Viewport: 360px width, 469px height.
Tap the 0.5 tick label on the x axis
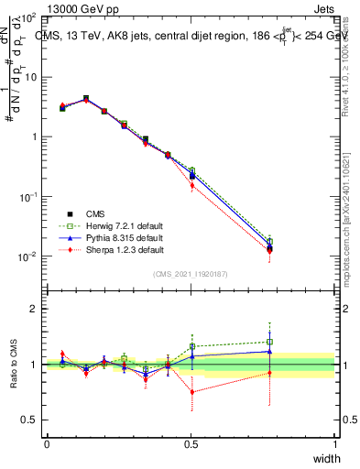tap(191, 443)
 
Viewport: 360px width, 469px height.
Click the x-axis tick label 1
tap(335, 443)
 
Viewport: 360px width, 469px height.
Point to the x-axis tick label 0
tap(47, 443)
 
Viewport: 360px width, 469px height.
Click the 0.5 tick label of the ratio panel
tap(31, 420)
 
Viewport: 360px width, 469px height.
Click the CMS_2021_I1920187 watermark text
tap(191, 274)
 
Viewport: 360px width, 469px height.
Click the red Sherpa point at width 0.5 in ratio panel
tap(192, 392)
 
